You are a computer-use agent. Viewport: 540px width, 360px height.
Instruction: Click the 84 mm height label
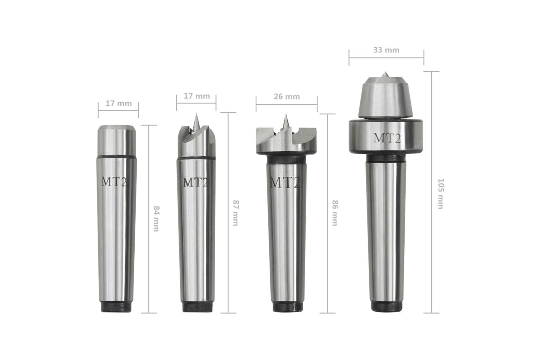pos(156,219)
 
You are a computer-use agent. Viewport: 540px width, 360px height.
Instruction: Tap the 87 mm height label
pos(235,213)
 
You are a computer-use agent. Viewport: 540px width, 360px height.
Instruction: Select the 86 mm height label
pos(335,213)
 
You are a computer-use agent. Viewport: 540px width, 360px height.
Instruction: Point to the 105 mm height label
pos(441,194)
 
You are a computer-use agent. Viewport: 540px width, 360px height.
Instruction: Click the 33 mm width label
pos(386,50)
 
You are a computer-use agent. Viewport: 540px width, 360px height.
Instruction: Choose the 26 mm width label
pos(287,96)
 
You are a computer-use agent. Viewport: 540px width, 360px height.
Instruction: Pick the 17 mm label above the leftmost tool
pos(118,103)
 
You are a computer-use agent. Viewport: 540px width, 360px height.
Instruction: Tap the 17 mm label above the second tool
pos(197,96)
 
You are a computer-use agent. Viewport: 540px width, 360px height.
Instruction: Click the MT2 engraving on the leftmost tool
pos(114,181)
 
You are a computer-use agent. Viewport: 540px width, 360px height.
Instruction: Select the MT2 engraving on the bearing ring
pos(387,138)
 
